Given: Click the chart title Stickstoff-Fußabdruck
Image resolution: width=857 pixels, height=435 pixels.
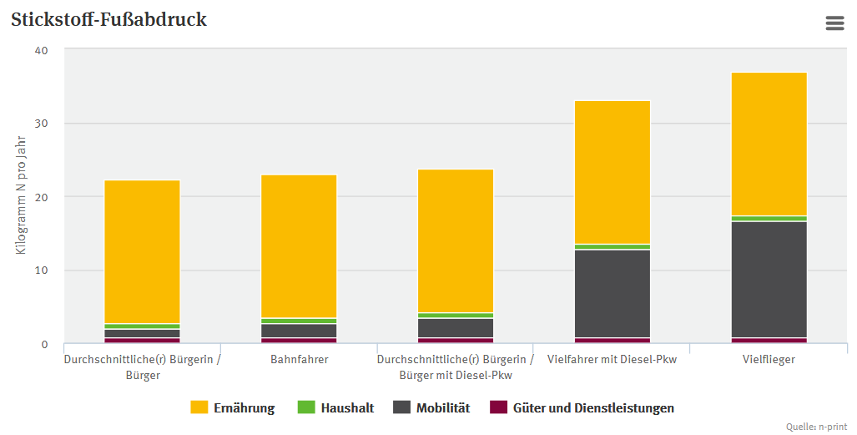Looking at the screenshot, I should tap(108, 20).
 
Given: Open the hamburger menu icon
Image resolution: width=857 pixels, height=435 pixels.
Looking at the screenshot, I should tap(834, 23).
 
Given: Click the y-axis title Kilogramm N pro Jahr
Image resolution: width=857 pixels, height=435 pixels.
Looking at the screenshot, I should tap(22, 197).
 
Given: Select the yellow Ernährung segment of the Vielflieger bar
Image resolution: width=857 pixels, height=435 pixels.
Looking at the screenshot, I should tap(769, 144).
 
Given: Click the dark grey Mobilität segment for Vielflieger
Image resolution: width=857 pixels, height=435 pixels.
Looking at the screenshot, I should tap(769, 280).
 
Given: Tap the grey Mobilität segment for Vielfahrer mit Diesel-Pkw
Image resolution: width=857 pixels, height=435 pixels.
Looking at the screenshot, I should tap(612, 293).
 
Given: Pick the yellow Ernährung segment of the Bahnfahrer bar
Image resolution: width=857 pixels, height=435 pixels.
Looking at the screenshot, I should tap(299, 246).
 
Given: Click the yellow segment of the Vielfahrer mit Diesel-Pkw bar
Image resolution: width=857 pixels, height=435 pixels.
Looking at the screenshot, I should tap(612, 172).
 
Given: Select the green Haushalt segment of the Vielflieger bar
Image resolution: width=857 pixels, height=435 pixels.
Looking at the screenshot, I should tap(769, 219).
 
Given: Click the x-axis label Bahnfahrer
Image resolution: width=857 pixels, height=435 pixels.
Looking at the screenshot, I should tap(299, 360).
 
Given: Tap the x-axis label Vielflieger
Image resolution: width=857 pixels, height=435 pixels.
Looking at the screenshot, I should tap(769, 360).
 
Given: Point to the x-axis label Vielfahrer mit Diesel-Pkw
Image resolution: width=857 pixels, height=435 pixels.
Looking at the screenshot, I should tap(612, 360).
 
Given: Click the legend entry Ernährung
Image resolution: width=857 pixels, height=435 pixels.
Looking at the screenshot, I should tap(232, 408).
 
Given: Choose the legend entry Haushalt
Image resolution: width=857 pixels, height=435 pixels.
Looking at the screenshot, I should tap(335, 408).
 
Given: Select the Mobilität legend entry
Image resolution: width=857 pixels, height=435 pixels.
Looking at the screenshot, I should tap(431, 408).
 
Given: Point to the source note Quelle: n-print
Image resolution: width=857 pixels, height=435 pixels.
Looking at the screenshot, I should tap(818, 427).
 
